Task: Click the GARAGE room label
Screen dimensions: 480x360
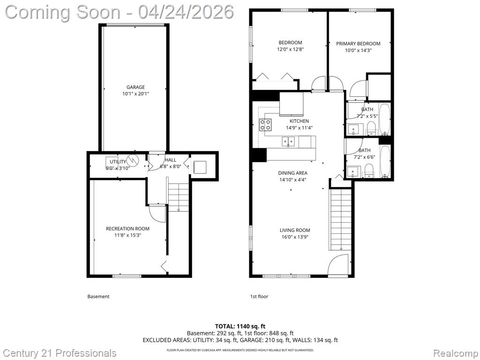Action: [x=135, y=87]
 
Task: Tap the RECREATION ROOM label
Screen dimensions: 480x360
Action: [x=127, y=229]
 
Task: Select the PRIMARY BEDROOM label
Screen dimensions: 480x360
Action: [x=358, y=44]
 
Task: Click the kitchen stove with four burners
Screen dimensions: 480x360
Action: [x=265, y=125]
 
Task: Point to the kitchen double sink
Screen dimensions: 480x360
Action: [x=288, y=142]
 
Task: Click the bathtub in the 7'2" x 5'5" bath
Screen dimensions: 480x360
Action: [x=385, y=120]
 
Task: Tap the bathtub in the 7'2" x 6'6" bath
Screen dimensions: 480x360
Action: [x=385, y=161]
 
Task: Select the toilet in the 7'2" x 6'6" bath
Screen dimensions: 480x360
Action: [x=369, y=170]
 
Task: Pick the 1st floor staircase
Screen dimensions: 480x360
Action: [x=340, y=219]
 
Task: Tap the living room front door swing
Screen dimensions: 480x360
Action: [x=338, y=265]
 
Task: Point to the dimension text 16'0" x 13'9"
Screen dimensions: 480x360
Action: [x=295, y=237]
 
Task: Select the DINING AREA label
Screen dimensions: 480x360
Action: [x=292, y=173]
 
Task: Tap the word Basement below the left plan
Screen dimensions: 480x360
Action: [x=98, y=296]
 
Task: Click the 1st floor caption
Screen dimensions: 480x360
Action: [x=259, y=296]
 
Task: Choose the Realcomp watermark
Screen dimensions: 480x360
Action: [x=455, y=353]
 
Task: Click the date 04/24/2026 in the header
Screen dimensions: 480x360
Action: [x=186, y=12]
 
